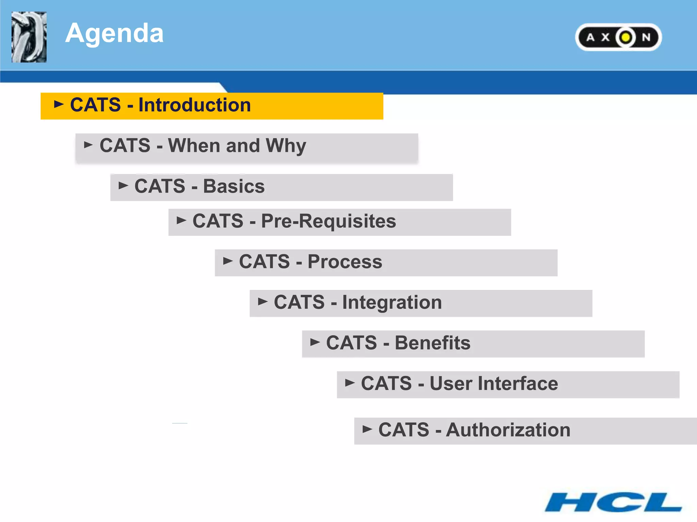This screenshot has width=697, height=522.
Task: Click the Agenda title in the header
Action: (114, 33)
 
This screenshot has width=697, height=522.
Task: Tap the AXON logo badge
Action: (618, 37)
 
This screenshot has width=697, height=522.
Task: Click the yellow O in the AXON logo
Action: (625, 37)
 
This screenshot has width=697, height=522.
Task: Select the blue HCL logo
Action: (613, 502)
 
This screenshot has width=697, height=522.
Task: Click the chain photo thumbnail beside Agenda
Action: (29, 37)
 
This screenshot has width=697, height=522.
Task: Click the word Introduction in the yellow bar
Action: (194, 105)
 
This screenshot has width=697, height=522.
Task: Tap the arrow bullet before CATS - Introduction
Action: (59, 104)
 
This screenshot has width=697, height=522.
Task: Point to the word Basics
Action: (234, 187)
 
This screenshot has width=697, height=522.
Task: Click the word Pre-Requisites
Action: (328, 221)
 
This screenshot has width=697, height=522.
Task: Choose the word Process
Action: (345, 262)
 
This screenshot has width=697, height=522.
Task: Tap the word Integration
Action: (392, 303)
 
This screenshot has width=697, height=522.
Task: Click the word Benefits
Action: (432, 343)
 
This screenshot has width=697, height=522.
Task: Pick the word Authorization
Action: (508, 430)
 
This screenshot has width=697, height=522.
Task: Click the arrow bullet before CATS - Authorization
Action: (367, 429)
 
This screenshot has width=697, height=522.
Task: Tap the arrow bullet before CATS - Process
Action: (228, 261)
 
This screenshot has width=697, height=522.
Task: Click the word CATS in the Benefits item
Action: (351, 343)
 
